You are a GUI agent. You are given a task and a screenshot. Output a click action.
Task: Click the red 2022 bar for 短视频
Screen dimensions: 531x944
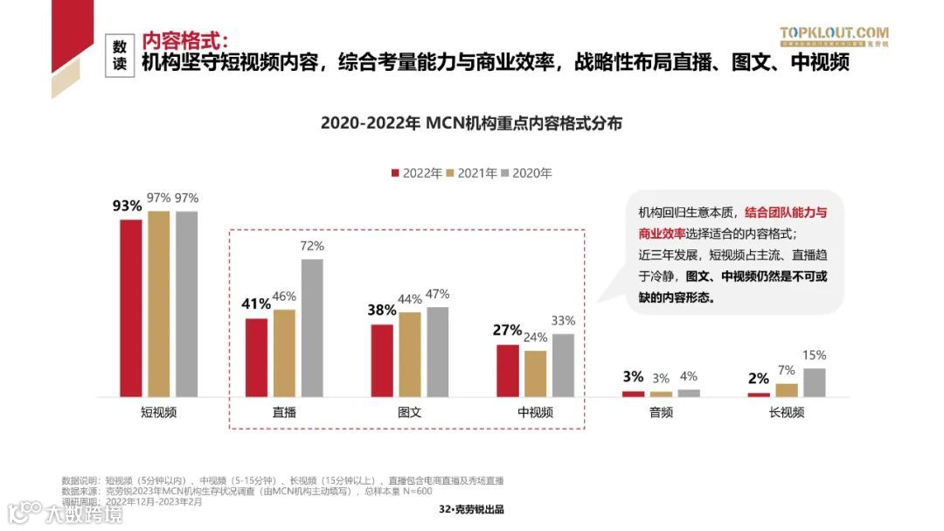[x=131, y=308]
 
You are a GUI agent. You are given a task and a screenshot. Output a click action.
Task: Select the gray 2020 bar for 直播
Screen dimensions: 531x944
[x=312, y=328]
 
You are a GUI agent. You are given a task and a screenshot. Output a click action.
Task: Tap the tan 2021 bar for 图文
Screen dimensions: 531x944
[x=410, y=354]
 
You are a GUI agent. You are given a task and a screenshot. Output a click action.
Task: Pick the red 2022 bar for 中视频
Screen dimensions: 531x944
[x=508, y=371]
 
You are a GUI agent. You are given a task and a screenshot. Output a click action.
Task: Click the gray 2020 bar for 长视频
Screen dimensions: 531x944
[x=814, y=382]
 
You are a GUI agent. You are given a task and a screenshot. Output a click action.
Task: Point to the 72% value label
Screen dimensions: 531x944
[x=312, y=247]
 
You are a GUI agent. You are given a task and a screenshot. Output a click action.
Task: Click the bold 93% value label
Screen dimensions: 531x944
[x=127, y=206]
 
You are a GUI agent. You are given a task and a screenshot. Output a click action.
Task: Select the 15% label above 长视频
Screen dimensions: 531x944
[x=814, y=355]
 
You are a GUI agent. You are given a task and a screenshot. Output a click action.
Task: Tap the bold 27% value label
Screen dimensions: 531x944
[x=507, y=331]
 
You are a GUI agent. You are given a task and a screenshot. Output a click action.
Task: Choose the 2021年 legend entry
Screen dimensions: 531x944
[x=471, y=173]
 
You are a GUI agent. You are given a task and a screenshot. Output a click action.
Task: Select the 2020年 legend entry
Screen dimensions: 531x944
[x=526, y=173]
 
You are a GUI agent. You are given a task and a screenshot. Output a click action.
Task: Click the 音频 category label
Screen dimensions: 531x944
[x=661, y=412]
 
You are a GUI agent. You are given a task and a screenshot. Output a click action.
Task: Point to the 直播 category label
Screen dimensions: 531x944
[x=284, y=412]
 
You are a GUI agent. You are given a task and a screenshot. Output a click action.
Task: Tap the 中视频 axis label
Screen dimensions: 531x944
[x=535, y=412]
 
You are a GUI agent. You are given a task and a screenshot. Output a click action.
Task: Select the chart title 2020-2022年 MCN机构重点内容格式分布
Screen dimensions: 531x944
[x=471, y=123]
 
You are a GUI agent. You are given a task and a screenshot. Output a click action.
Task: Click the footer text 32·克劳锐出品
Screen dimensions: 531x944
[x=471, y=510]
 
